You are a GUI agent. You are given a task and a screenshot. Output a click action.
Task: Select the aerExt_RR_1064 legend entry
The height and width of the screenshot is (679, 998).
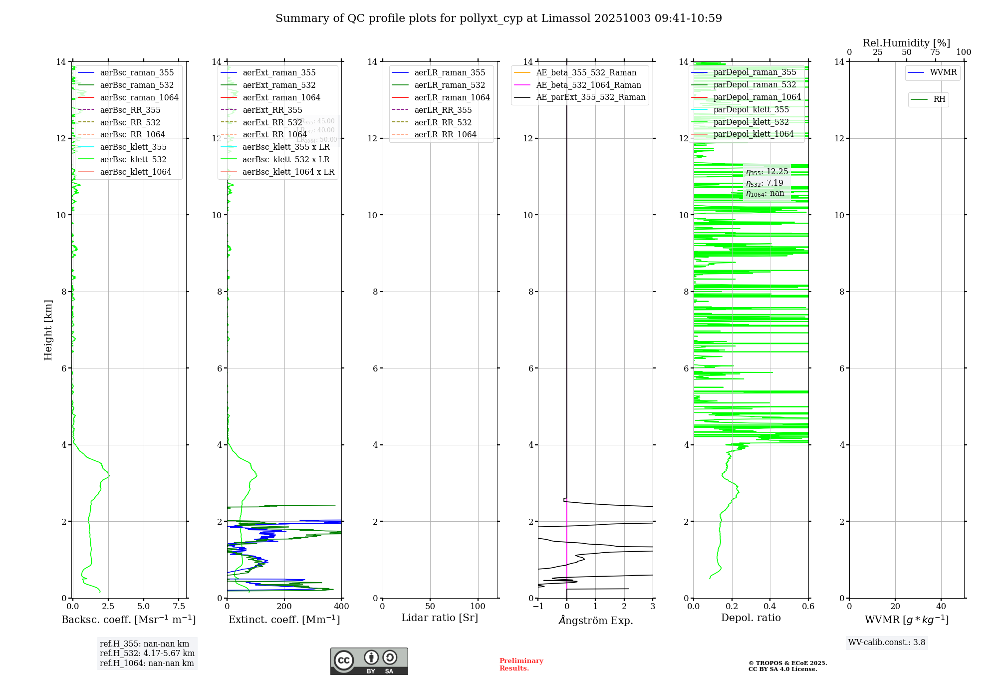tap(274, 135)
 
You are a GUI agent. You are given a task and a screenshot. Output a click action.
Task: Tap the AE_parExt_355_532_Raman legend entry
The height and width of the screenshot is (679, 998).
tap(590, 97)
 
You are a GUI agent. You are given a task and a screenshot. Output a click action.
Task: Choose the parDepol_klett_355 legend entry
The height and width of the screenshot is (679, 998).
tap(751, 110)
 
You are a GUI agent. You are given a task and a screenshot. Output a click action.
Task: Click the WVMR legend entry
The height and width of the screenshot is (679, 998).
tap(943, 73)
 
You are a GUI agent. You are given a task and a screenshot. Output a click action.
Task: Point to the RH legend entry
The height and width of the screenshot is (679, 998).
tap(939, 99)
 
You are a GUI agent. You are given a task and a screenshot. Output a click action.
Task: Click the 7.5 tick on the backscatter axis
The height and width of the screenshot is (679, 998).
tap(179, 607)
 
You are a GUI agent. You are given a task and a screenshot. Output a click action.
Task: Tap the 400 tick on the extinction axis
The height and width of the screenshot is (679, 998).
tap(342, 607)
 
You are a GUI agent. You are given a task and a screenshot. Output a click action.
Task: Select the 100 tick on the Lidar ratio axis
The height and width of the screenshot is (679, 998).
tap(478, 607)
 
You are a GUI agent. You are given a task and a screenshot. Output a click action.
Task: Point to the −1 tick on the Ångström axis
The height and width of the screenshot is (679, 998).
tap(538, 607)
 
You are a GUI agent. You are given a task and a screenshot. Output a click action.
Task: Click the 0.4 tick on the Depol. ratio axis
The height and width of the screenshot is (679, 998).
tap(770, 607)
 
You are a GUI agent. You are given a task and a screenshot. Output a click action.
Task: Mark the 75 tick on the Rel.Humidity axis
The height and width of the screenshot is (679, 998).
tap(935, 52)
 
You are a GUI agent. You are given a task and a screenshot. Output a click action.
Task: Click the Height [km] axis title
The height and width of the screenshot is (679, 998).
tap(48, 330)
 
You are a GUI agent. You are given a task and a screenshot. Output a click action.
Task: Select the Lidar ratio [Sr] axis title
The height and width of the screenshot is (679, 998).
tap(440, 618)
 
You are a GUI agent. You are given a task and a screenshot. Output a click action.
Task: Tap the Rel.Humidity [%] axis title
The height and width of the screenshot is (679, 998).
tap(906, 43)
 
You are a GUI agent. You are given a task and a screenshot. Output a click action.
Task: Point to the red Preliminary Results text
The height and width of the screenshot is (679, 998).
tap(521, 665)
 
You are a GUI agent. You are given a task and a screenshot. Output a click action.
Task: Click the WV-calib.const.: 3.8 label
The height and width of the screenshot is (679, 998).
tap(887, 643)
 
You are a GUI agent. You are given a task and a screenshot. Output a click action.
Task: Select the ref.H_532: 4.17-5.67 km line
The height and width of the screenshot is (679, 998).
tap(147, 654)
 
